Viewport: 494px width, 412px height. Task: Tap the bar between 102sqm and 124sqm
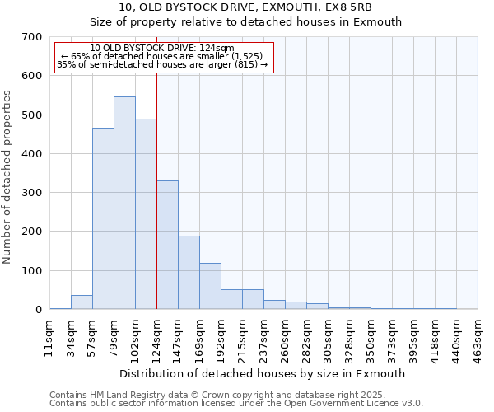(x=146, y=214)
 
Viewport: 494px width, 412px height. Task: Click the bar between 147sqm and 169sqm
(x=189, y=272)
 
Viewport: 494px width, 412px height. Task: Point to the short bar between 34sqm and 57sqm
(x=82, y=302)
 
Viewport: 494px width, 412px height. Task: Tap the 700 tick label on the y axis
(x=32, y=37)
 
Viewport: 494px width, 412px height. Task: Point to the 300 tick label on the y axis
(x=32, y=193)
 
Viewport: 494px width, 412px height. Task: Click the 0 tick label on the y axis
(x=38, y=310)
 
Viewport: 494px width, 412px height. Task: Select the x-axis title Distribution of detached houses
(x=263, y=373)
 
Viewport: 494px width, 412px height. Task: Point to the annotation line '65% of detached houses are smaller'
(x=162, y=56)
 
